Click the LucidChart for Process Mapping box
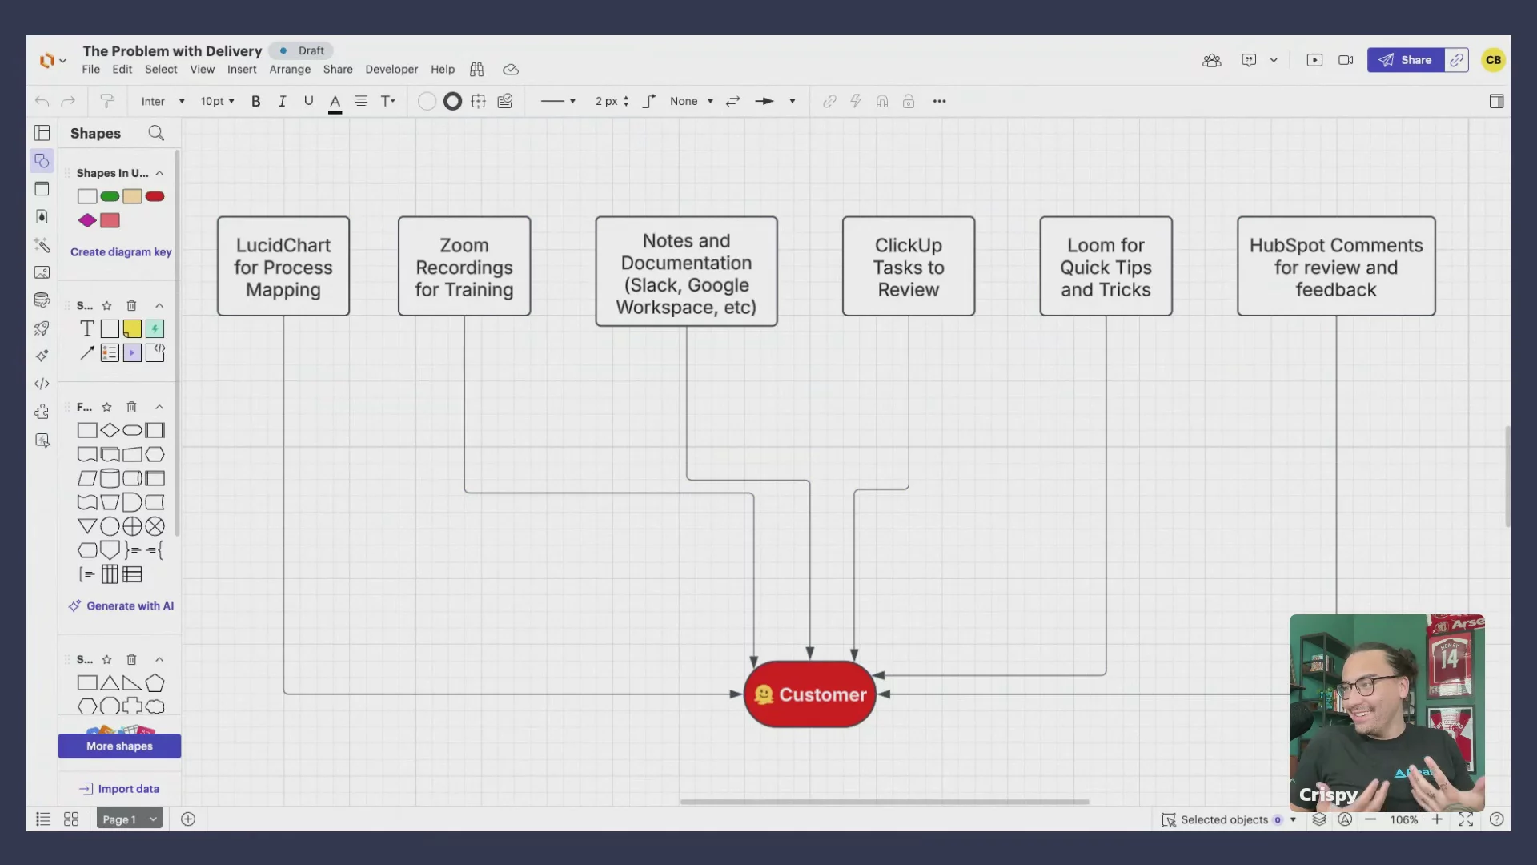[283, 266]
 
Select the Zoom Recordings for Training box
[464, 266]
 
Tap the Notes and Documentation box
[686, 272]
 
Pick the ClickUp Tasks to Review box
[909, 266]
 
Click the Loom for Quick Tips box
[1106, 266]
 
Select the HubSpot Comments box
[1336, 266]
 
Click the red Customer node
[810, 694]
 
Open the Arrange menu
[290, 70]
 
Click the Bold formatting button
[256, 101]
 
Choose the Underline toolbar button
[308, 101]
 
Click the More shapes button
[119, 746]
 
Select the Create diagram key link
[121, 252]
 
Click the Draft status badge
[302, 50]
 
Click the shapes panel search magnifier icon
[156, 133]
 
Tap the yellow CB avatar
[1493, 60]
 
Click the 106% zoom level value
[1403, 819]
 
